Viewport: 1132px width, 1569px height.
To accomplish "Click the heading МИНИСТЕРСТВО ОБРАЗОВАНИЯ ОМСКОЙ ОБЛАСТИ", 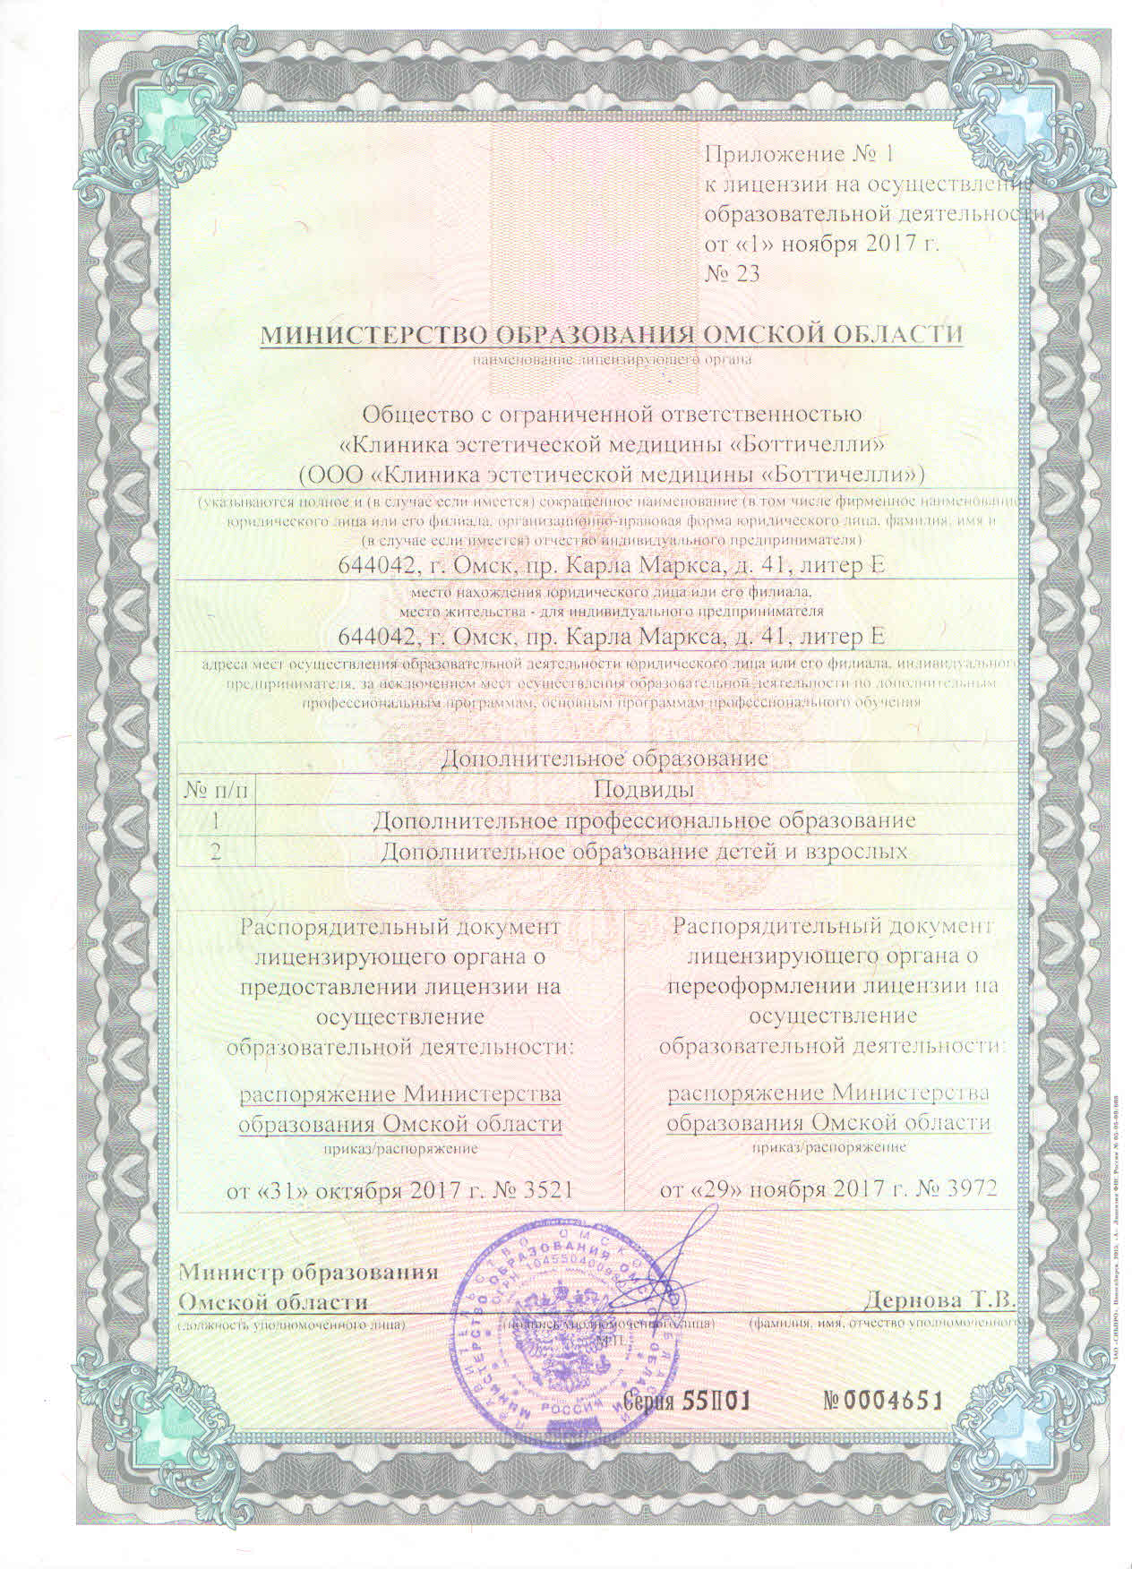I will [x=612, y=335].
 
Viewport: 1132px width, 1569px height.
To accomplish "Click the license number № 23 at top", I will [x=733, y=273].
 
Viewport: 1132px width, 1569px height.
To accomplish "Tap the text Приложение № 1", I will [x=800, y=153].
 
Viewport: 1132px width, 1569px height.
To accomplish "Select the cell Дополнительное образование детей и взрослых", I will [x=643, y=851].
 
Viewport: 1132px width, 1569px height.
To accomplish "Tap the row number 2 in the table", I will [x=216, y=851].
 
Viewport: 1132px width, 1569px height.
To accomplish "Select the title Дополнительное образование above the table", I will [x=606, y=759].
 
